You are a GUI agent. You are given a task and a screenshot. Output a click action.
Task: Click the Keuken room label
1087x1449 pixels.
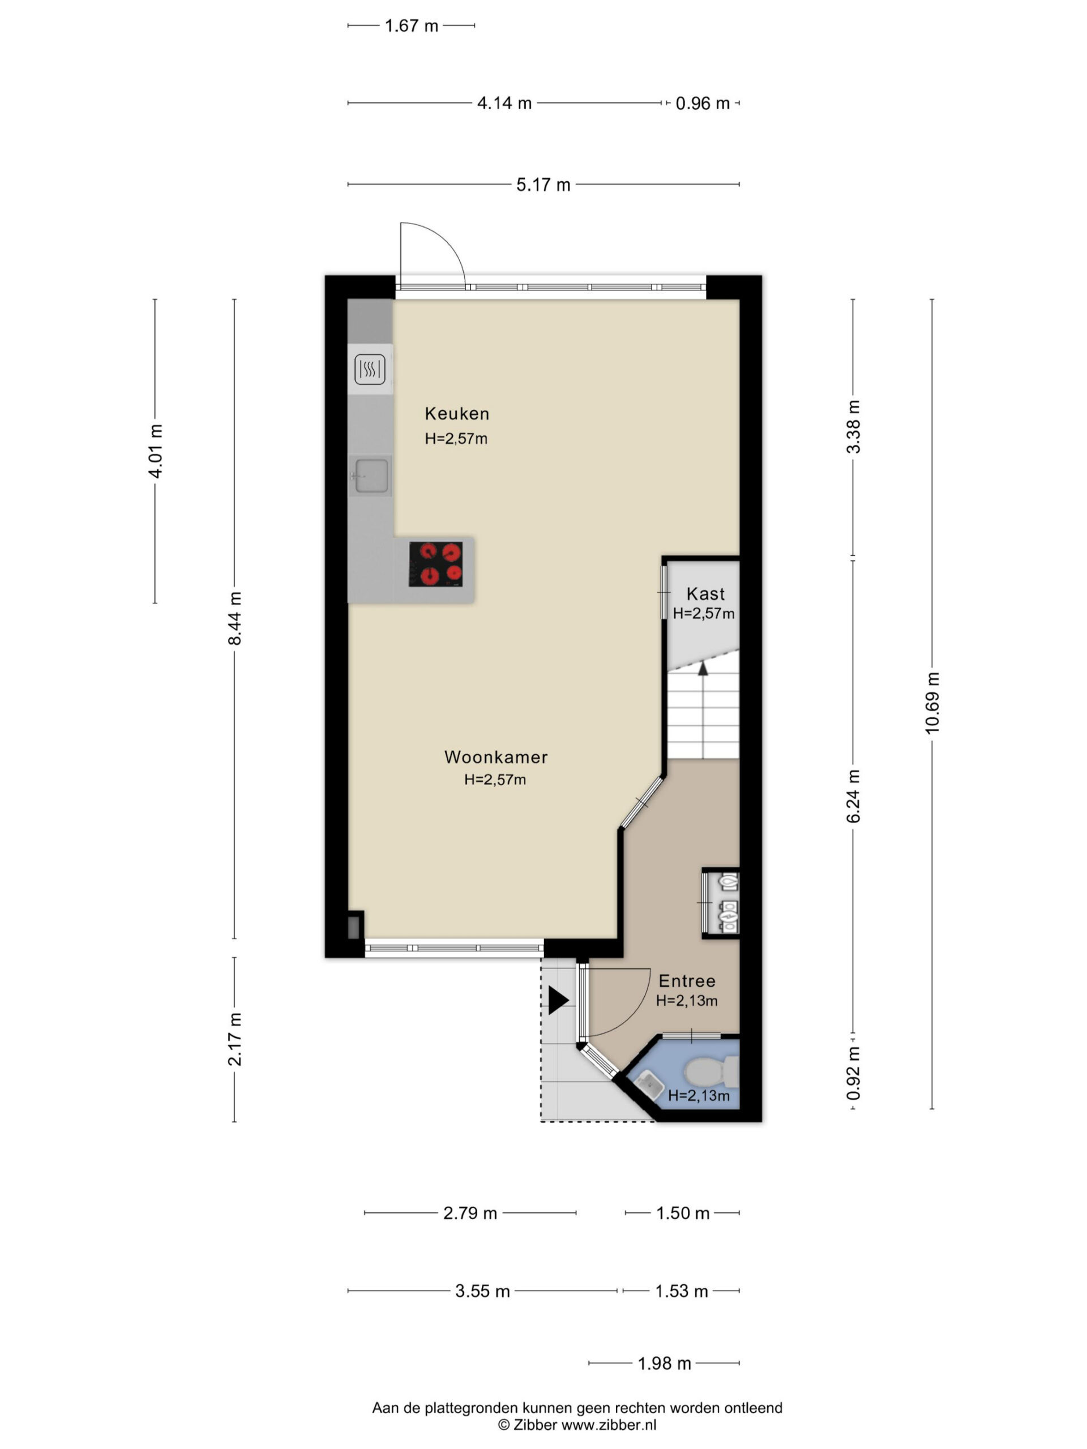[457, 413]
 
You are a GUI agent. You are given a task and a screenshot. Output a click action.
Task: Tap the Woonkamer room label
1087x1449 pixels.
[496, 757]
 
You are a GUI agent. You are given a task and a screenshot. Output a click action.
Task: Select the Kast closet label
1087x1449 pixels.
[705, 594]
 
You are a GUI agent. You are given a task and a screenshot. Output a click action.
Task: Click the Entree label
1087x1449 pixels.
[687, 981]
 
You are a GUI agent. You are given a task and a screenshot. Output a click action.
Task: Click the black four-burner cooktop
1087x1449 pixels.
[436, 564]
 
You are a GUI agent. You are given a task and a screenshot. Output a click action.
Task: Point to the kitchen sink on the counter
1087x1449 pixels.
[370, 475]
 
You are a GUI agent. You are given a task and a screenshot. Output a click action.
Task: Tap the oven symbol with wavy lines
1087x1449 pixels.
[370, 370]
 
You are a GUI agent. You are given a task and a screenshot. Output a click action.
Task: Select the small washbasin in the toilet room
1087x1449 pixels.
[647, 1083]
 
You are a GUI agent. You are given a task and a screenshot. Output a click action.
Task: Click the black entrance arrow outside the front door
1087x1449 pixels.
[558, 1000]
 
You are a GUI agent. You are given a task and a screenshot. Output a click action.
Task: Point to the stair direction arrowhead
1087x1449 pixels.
[703, 668]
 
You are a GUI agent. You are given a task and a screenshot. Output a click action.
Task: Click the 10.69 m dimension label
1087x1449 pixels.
[932, 703]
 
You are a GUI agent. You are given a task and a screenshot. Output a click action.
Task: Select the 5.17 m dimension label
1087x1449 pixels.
[543, 185]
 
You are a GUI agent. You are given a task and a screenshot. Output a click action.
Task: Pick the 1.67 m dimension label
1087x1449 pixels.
[412, 26]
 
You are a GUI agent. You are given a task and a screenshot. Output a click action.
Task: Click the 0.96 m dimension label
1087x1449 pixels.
[703, 104]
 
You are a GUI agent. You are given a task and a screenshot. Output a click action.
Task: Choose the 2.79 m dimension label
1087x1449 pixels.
[470, 1213]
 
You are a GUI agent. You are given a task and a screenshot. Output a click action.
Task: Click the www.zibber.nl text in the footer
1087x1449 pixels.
[609, 1425]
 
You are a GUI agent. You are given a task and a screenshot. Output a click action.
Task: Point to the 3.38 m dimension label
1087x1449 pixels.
[853, 426]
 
